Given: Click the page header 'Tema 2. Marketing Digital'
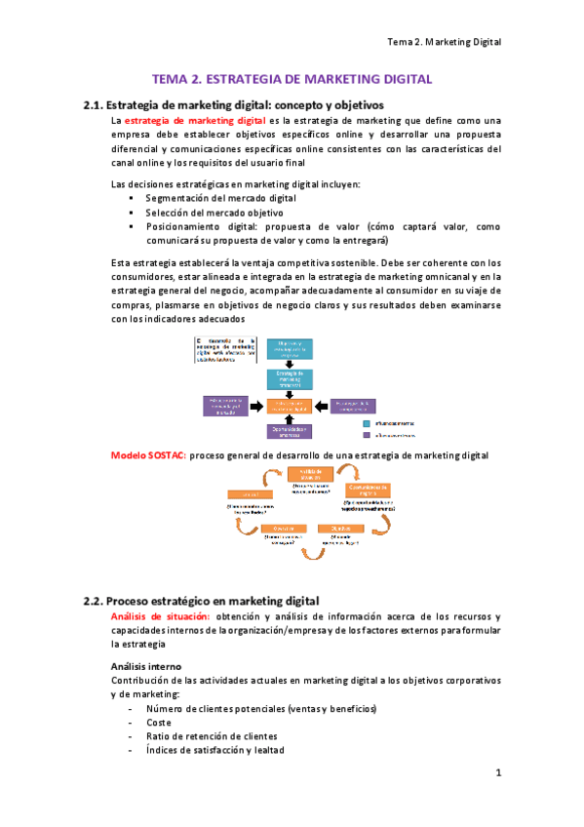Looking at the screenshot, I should tap(444, 42).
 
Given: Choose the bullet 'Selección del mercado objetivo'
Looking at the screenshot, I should tap(214, 212).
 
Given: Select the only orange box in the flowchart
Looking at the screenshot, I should tap(292, 405).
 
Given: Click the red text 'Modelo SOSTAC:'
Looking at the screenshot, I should tap(148, 455).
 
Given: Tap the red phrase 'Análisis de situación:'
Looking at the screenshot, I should tap(160, 616).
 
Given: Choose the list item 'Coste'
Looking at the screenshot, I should tap(159, 723).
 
